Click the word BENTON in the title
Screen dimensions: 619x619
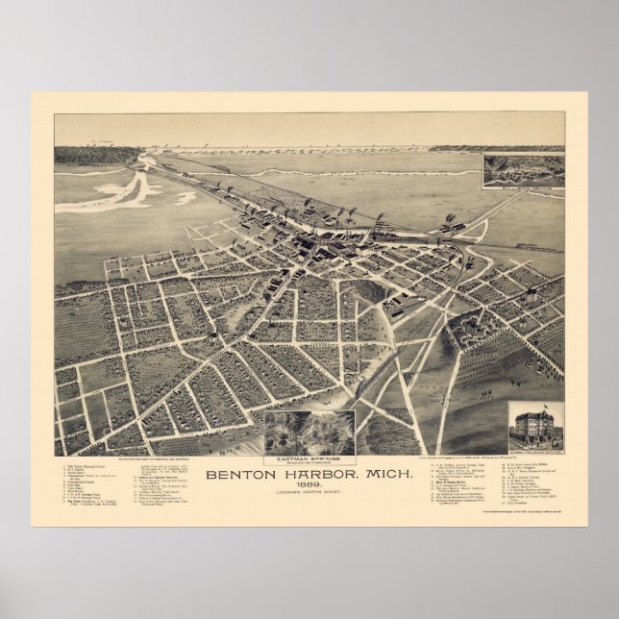(241, 472)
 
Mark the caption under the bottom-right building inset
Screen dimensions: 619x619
(534, 449)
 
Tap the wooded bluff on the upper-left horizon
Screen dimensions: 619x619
(87, 154)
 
